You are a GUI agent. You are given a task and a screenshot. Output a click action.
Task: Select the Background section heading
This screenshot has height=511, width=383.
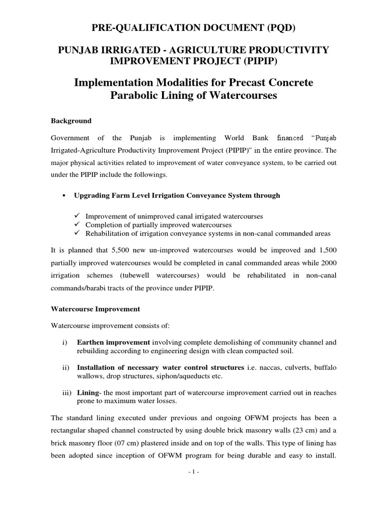tap(72, 121)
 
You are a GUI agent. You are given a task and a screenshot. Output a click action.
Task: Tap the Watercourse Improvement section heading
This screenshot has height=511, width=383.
tap(96, 309)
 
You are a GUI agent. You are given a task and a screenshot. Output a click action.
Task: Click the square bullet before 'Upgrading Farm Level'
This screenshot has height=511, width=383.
tap(63, 196)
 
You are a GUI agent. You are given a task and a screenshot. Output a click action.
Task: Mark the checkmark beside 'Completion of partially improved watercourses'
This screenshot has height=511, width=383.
tap(77, 225)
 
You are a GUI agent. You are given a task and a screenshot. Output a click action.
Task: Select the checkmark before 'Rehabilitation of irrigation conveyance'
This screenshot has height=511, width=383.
tap(77, 233)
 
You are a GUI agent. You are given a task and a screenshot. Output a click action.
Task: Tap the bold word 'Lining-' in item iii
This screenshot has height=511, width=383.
tap(89, 393)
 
